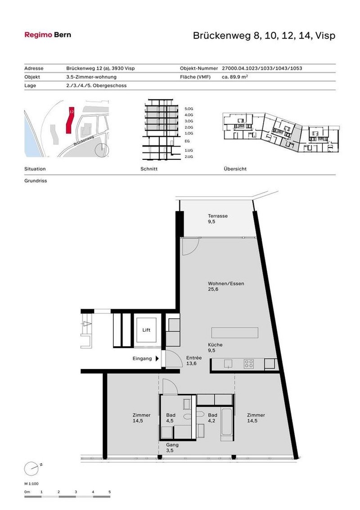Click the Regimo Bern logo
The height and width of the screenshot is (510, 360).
click(x=47, y=35)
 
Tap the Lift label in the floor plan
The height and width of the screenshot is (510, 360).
click(x=146, y=330)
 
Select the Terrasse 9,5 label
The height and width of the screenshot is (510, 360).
click(x=217, y=219)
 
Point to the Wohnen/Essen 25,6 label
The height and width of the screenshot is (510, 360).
click(x=226, y=287)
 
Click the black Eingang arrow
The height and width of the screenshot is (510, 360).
click(x=157, y=359)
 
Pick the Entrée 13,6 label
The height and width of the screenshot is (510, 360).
click(x=194, y=361)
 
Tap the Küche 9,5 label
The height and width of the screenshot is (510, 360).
click(x=215, y=348)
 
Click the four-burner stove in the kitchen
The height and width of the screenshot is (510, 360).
click(x=249, y=364)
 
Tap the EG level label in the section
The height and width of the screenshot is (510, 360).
click(x=187, y=141)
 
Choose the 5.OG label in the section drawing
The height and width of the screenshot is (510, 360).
click(x=189, y=109)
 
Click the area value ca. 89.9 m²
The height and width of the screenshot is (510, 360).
click(x=235, y=77)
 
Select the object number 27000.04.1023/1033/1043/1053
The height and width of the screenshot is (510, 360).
click(x=262, y=68)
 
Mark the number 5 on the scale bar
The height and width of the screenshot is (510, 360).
click(x=109, y=492)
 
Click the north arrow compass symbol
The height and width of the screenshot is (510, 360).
click(x=31, y=468)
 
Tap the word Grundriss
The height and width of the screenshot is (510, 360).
click(x=36, y=181)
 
